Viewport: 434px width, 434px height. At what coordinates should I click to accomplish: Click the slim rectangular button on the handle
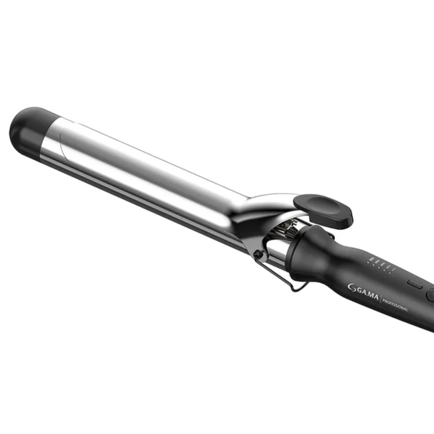point(415,284)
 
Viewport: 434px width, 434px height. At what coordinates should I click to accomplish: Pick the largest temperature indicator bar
point(371,259)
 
